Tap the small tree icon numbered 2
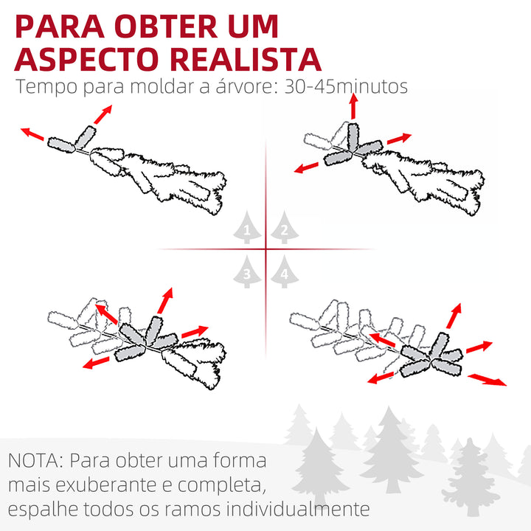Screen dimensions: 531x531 tap(282, 229)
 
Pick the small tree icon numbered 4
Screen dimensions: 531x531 tap(282, 274)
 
